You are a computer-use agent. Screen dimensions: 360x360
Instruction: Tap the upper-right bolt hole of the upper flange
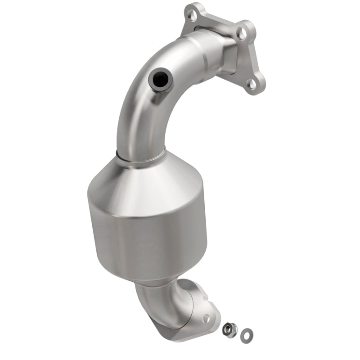pos(242,32)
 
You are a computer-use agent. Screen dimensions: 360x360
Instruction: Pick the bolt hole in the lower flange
pos(206,318)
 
